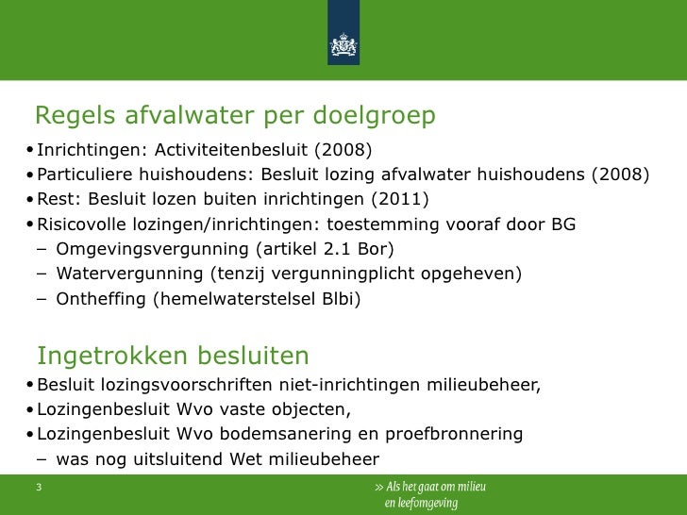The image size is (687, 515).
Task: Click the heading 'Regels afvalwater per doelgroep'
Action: [235, 116]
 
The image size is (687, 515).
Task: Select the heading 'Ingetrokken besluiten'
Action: [173, 356]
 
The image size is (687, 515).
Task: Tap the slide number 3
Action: [39, 488]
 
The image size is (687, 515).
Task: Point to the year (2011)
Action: [399, 199]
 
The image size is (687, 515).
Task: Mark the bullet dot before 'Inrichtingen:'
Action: [31, 151]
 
